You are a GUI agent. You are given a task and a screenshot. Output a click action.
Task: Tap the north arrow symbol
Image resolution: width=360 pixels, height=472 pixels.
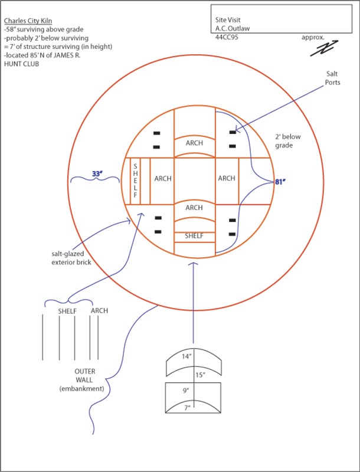click(322, 49)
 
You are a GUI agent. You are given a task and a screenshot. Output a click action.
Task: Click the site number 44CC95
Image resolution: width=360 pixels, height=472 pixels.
click(228, 37)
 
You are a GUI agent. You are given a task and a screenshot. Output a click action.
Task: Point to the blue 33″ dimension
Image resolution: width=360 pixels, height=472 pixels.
click(97, 174)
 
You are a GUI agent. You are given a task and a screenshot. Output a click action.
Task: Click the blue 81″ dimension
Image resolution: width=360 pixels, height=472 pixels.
click(280, 182)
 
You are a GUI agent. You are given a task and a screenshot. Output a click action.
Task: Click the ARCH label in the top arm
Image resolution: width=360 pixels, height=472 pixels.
click(194, 144)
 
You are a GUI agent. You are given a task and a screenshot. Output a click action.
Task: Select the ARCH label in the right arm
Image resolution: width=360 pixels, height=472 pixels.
click(227, 178)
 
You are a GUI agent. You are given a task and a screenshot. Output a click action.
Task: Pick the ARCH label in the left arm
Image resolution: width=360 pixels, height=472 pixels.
click(162, 178)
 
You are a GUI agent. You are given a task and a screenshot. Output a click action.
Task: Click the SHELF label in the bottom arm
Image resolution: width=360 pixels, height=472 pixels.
click(194, 235)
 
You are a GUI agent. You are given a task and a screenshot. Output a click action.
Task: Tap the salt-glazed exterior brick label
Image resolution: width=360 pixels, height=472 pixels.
click(70, 258)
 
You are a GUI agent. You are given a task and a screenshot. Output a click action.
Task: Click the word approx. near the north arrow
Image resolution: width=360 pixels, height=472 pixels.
click(313, 37)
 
